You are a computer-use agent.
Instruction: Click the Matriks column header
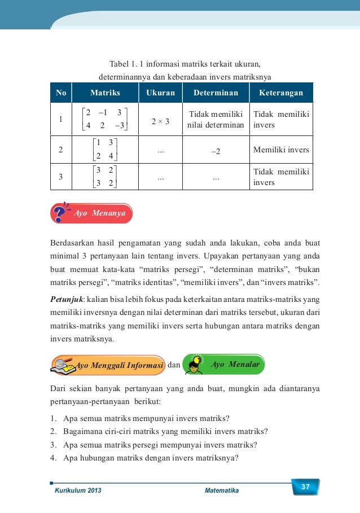pyautogui.click(x=105, y=93)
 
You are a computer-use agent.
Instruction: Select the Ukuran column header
pyautogui.click(x=161, y=93)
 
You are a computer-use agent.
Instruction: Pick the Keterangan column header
pyautogui.click(x=280, y=93)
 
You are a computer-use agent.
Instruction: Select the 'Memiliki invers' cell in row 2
pyautogui.click(x=280, y=151)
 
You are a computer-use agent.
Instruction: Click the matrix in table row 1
pyautogui.click(x=105, y=119)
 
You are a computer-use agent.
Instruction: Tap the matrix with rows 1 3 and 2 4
pyautogui.click(x=105, y=151)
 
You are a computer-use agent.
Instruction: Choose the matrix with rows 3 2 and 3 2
pyautogui.click(x=105, y=177)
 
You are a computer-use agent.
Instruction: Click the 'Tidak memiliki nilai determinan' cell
pyautogui.click(x=216, y=119)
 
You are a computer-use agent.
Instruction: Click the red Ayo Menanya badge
pyautogui.click(x=93, y=213)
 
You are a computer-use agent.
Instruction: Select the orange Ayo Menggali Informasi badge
pyautogui.click(x=108, y=365)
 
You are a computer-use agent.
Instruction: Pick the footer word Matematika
pyautogui.click(x=221, y=491)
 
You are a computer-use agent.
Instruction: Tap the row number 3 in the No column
pyautogui.click(x=60, y=177)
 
